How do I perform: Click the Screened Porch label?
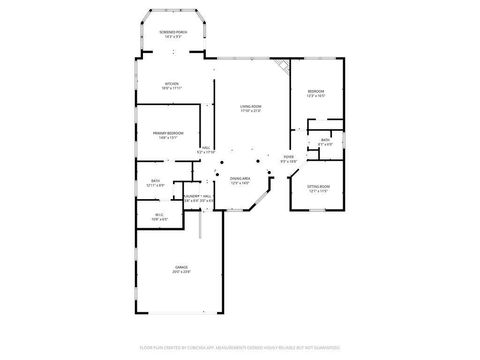click(x=172, y=32)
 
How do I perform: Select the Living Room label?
click(x=250, y=106)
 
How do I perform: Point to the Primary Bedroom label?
click(x=168, y=133)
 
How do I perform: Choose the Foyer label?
click(x=288, y=157)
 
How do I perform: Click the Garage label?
click(x=181, y=267)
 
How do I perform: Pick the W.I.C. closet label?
click(x=159, y=214)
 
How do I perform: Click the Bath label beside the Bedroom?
click(x=326, y=139)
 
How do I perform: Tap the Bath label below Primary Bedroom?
click(x=156, y=181)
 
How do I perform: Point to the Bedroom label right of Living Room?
click(x=315, y=91)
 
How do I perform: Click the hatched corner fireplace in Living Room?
click(x=284, y=65)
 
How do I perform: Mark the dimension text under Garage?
click(x=181, y=272)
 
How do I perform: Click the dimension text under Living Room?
click(x=250, y=111)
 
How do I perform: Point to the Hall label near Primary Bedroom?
click(x=205, y=148)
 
